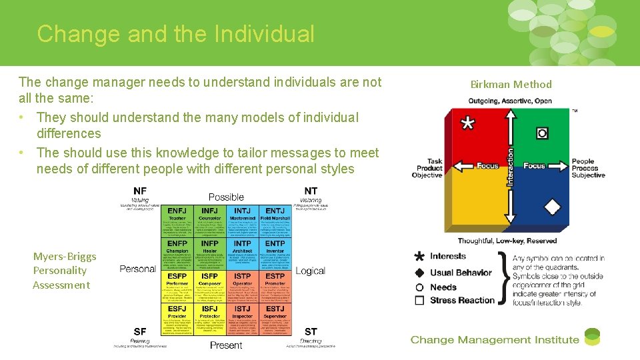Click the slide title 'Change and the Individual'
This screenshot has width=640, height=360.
[x=175, y=33]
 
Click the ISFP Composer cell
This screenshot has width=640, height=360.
[x=209, y=288]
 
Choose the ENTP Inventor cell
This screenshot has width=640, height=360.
[x=275, y=255]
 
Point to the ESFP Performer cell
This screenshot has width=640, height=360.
[x=177, y=288]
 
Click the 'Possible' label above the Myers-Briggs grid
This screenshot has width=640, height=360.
[x=226, y=197]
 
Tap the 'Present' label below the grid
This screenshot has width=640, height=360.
[x=226, y=345]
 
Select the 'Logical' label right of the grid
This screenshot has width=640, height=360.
[x=310, y=271]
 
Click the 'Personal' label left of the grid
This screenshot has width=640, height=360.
[x=137, y=269]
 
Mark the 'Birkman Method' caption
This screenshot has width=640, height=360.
[x=511, y=85]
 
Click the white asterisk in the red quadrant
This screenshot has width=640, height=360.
[x=469, y=124]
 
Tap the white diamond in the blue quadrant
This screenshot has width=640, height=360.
[x=551, y=207]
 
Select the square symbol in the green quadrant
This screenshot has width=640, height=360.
[x=542, y=133]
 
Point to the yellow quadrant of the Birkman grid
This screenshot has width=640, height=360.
[x=475, y=200]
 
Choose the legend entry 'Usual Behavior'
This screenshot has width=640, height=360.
[x=461, y=273]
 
